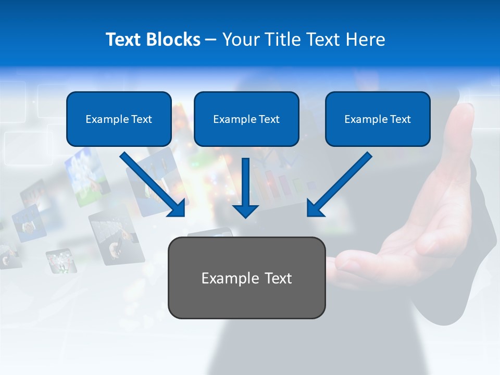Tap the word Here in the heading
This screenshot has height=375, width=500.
pyautogui.click(x=366, y=40)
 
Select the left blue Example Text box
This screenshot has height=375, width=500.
pyautogui.click(x=119, y=119)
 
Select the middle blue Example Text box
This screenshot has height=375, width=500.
pyautogui.click(x=246, y=119)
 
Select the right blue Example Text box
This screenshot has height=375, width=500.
pyautogui.click(x=378, y=119)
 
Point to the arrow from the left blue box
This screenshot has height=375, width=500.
pyautogui.click(x=151, y=182)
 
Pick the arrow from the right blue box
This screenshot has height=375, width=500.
pyautogui.click(x=341, y=182)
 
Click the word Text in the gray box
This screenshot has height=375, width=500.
pyautogui.click(x=276, y=278)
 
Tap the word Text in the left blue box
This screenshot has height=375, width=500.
pyautogui.click(x=141, y=119)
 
